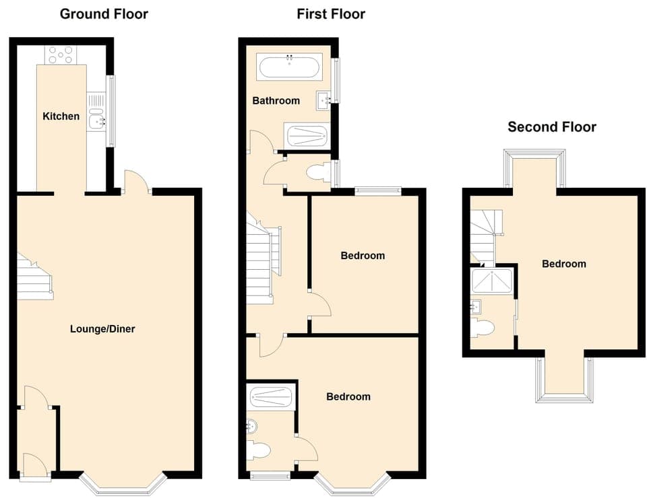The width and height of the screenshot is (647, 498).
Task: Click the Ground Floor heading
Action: pos(104,13)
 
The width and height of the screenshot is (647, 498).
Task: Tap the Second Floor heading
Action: pos(551,127)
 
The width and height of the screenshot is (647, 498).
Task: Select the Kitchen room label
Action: pos(61,116)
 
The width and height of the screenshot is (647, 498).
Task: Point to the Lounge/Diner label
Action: pos(102,329)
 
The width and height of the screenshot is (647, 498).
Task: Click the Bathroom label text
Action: pos(276,101)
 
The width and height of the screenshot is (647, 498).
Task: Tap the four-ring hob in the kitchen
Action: pos(61,54)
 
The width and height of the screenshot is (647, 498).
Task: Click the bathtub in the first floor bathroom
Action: pos(290,68)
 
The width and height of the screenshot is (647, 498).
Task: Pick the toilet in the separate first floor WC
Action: pos(317,173)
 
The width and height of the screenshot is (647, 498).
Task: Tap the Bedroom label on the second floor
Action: pos(563,264)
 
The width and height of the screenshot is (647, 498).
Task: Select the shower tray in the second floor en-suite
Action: pos(493,281)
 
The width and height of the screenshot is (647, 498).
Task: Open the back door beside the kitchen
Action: pos(137,182)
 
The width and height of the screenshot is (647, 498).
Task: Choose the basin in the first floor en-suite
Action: pos(252,426)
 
